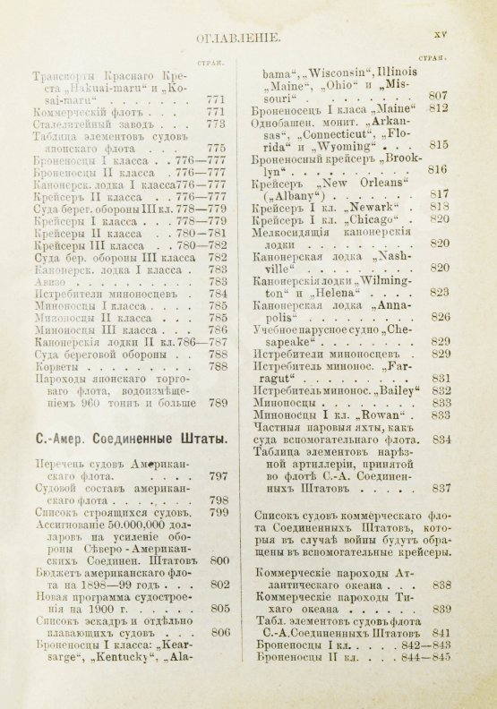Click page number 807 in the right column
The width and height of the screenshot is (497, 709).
pos(438,95)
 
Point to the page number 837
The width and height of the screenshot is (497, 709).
pos(439,489)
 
